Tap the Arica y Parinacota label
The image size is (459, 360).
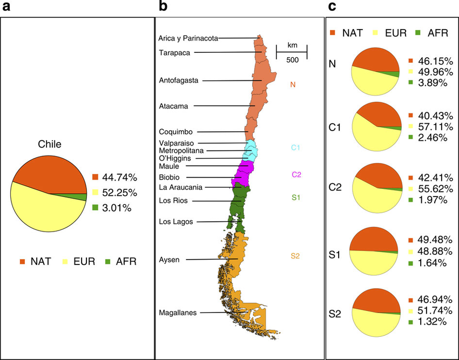(188, 38)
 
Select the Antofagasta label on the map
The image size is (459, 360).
(179, 80)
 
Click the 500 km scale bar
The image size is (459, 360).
(292, 52)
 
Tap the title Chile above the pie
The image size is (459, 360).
(49, 144)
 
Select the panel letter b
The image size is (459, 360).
(161, 7)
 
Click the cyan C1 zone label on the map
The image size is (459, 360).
(295, 147)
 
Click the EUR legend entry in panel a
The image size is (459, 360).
(80, 262)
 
